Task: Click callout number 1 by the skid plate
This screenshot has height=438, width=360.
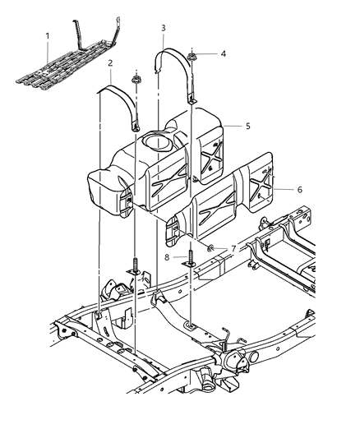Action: pos(47,35)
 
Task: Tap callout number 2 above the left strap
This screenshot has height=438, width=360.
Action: pos(110,62)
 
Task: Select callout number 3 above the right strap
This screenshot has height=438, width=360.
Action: pos(164,29)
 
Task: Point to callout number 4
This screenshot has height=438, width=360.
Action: pos(223,53)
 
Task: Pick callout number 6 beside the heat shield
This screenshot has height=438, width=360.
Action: pos(299,189)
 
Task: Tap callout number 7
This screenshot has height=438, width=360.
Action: pos(235,247)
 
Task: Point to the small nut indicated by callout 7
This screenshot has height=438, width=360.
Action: pos(211,247)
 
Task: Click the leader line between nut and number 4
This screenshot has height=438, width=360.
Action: pos(206,54)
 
